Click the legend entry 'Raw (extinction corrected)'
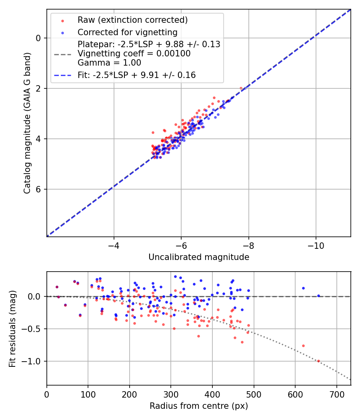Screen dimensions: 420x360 coord(132,20)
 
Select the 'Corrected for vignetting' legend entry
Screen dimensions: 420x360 coord(127,32)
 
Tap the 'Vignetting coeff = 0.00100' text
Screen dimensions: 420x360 coord(134,54)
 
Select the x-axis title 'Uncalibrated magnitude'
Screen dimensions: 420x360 coord(199,257)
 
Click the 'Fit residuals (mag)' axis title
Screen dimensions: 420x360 coord(12,328)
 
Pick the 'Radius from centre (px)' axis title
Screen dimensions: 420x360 coord(199,406)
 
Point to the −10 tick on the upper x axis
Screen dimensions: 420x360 coord(316,244)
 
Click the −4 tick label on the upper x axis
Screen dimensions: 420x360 coord(114,244)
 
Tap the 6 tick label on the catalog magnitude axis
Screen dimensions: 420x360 coord(38,189)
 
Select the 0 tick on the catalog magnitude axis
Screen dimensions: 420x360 coord(38,38)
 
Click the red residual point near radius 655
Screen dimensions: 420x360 coord(318,361)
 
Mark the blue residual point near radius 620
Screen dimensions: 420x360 coord(303,288)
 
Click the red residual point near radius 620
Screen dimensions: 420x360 coord(303,346)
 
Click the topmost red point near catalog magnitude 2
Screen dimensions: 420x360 coord(241,88)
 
